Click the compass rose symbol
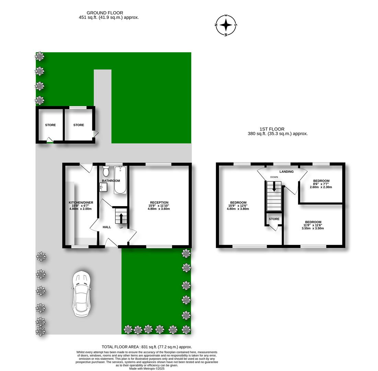click(x=226, y=25)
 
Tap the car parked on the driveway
click(x=82, y=294)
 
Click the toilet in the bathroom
click(x=106, y=171)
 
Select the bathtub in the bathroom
click(x=120, y=180)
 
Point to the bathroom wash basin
click(x=103, y=187)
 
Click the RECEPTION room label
click(x=159, y=203)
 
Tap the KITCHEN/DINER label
click(x=81, y=203)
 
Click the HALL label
click(x=107, y=227)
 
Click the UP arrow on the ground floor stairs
click(x=121, y=217)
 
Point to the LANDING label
click(x=286, y=171)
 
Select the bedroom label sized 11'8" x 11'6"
click(x=313, y=222)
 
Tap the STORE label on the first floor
click(x=274, y=219)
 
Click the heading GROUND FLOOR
click(x=105, y=13)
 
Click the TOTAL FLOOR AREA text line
click(x=147, y=347)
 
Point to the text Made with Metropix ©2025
click(x=147, y=369)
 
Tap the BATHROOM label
click(x=111, y=181)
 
